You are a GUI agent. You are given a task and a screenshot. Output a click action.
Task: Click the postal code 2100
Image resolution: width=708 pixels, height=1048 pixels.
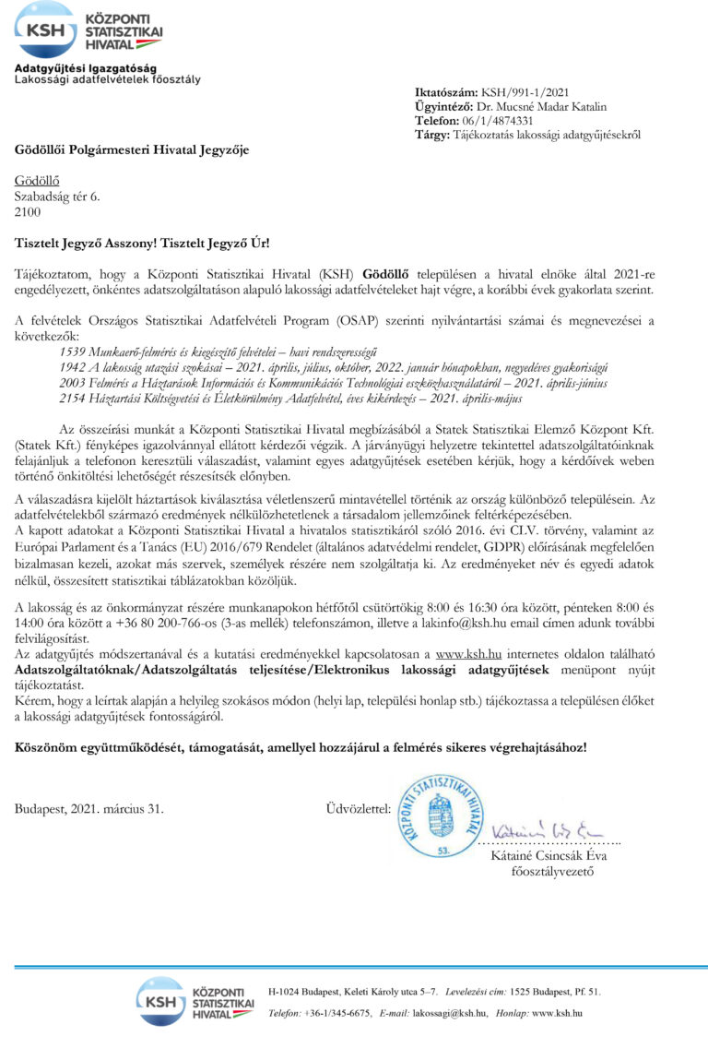point(28,211)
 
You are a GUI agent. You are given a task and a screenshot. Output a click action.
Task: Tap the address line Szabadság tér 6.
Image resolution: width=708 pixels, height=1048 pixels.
point(56,196)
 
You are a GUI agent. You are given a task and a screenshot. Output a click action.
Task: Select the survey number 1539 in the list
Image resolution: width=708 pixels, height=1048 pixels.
point(72,351)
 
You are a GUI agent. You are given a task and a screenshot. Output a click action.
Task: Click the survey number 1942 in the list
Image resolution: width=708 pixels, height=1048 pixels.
point(72,366)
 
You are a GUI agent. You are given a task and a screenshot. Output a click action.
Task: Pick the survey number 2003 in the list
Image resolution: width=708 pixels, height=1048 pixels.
point(72,382)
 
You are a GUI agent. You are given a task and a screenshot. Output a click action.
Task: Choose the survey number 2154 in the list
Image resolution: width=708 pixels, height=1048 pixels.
point(72,398)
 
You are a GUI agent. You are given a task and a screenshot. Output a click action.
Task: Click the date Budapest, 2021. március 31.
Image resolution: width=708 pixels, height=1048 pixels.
point(88,809)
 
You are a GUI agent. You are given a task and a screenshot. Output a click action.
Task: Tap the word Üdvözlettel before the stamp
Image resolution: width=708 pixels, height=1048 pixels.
point(358,809)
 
